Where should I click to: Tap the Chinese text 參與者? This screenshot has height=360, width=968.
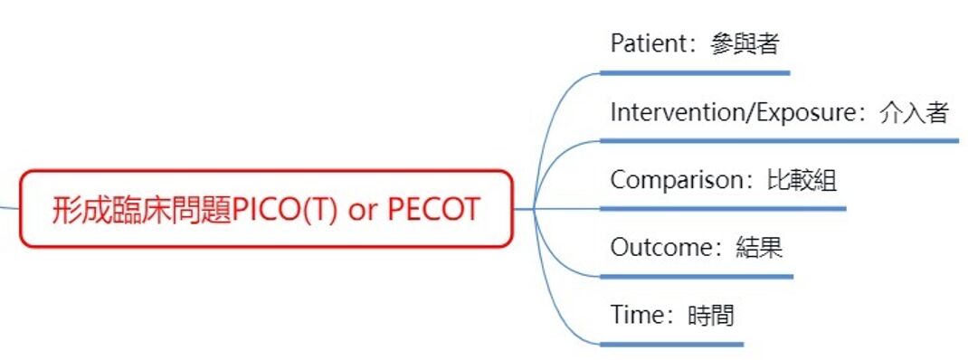point(745,43)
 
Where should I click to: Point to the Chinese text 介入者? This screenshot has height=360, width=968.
point(914,113)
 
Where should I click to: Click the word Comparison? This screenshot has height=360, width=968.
point(678,181)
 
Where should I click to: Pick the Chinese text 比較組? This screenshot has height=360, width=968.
point(802,181)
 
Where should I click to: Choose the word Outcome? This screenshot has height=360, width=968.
point(662,248)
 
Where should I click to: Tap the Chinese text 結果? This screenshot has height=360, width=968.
point(760,248)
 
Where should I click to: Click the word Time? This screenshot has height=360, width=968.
point(638,316)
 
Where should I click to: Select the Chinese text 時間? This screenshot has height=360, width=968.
point(711,316)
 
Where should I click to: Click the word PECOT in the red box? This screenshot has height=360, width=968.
point(433,210)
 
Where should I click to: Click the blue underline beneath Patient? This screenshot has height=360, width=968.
point(695,73)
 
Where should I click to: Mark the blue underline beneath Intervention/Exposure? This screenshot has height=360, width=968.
point(780,141)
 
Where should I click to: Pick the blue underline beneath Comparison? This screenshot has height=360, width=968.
point(723,209)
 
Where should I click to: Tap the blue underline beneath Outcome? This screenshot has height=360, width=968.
point(697,277)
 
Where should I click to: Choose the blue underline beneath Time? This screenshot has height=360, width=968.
point(671,345)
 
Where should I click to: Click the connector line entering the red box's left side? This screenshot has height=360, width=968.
point(10,207)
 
